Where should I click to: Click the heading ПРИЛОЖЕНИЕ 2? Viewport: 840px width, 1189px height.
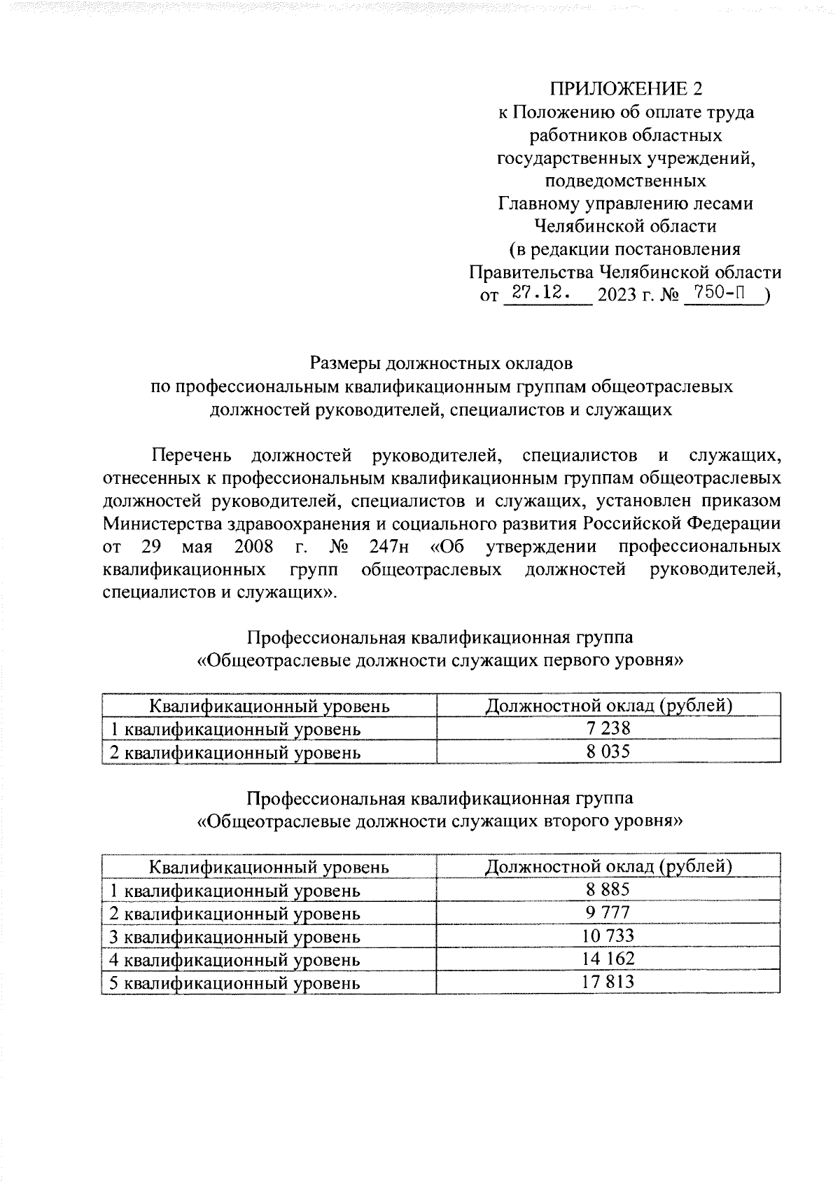point(624,89)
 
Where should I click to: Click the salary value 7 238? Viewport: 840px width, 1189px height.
point(608,729)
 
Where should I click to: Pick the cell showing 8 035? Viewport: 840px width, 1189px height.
point(608,752)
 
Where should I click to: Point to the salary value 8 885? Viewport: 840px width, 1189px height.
point(608,889)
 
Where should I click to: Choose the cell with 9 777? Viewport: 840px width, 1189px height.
point(608,912)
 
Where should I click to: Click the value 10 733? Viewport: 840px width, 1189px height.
point(608,936)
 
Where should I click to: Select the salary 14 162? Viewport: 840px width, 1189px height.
point(608,959)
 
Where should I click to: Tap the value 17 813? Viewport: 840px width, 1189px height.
point(608,982)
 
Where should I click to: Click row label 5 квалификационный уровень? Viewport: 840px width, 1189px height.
point(235,983)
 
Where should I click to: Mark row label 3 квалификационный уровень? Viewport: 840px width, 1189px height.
point(235,937)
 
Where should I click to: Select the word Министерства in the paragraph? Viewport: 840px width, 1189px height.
point(164,524)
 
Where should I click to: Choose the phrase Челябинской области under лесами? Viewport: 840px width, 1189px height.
point(624,226)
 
